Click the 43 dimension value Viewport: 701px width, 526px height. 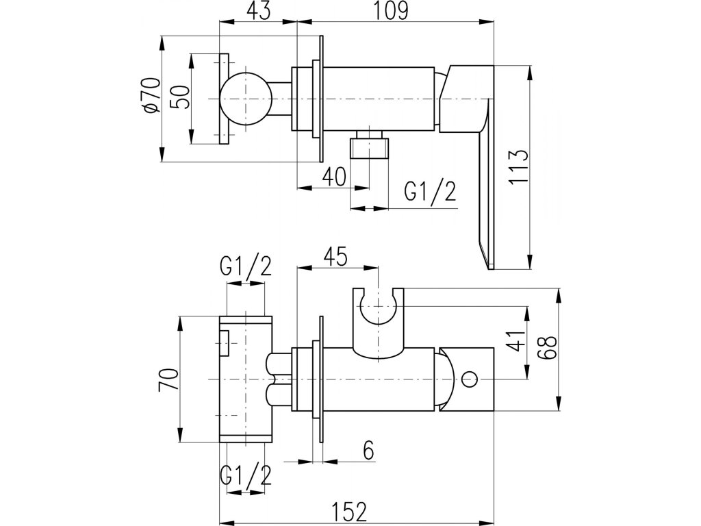coord(257,10)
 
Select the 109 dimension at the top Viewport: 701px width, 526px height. coord(392,10)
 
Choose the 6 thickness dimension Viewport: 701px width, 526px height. coord(368,451)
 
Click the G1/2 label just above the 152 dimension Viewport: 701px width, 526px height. coord(245,475)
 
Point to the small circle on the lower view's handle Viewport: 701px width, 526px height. coord(470,377)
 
